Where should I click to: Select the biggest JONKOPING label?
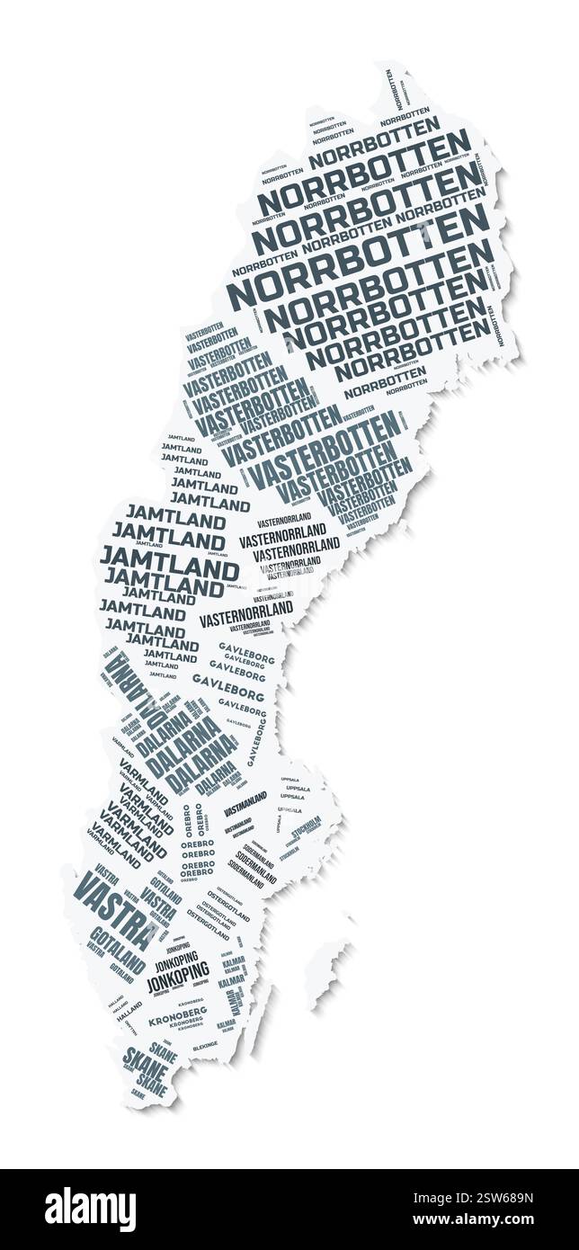click(178, 975)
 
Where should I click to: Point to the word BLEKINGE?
click(205, 1048)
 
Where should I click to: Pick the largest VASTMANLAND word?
click(245, 799)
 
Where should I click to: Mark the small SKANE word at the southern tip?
click(138, 1094)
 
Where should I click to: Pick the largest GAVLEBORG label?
click(228, 688)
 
